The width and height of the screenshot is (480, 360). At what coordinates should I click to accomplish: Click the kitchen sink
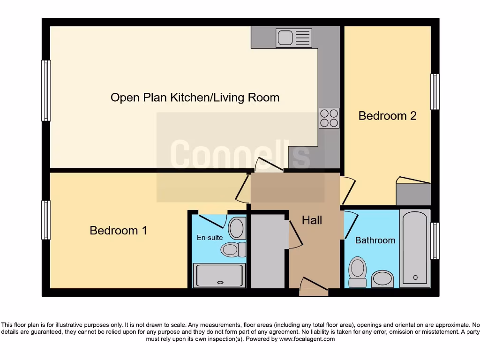293,37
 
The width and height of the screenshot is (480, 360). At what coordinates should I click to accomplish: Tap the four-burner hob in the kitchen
329,118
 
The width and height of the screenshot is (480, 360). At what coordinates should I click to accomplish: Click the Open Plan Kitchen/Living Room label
195,97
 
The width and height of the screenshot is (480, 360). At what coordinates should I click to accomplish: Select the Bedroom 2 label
387,116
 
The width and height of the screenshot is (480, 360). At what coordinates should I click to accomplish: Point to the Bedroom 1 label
118,231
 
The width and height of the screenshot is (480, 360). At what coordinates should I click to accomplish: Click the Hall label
312,220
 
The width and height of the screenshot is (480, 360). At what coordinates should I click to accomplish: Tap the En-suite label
210,238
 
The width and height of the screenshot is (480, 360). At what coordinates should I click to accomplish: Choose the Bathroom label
375,240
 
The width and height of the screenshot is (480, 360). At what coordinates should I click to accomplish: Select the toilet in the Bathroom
358,272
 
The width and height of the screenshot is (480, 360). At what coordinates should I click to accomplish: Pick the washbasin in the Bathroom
382,279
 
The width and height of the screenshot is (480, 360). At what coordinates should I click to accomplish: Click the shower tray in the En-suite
219,275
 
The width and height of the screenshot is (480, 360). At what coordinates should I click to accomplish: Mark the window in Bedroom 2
435,92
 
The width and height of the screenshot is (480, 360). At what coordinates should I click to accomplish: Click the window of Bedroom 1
46,220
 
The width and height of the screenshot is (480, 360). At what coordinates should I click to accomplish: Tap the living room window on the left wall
46,90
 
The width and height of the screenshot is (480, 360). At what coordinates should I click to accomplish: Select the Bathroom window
435,241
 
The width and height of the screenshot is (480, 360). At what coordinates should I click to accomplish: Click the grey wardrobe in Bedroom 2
413,194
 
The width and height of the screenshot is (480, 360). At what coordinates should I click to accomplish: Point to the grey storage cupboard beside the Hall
268,251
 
